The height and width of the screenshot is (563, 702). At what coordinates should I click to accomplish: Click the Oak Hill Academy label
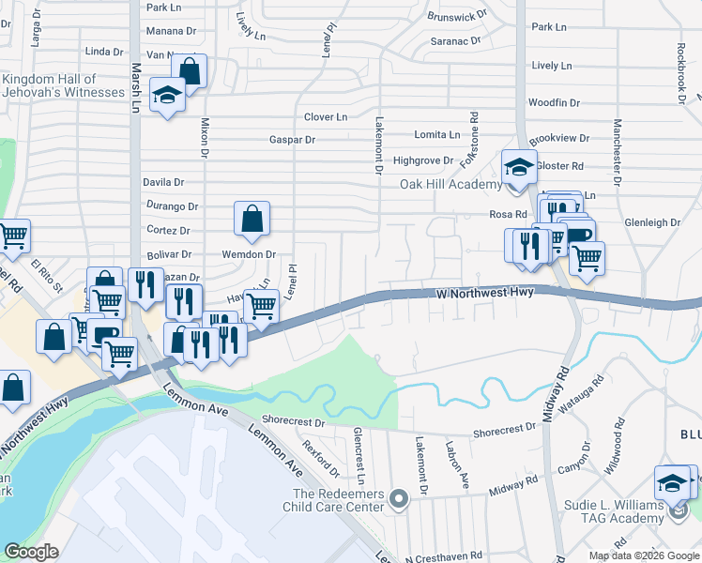tap(451, 184)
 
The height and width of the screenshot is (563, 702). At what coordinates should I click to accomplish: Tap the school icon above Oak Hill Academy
tap(517, 167)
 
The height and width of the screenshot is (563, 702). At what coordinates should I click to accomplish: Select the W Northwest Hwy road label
tap(485, 294)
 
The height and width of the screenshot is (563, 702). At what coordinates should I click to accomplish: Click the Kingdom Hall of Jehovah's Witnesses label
tap(63, 86)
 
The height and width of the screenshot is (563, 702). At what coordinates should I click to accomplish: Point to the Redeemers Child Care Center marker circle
tap(399, 498)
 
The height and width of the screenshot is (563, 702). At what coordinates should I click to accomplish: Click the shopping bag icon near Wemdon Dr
tap(252, 219)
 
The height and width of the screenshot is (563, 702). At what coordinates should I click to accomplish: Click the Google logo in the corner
tap(31, 551)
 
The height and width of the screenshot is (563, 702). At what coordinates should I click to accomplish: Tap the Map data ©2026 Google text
tap(643, 555)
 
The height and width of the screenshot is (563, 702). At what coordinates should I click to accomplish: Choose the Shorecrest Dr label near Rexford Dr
tap(294, 422)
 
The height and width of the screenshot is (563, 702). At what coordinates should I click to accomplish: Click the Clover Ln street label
tap(326, 117)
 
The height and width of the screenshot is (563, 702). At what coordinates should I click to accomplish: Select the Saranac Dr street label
tap(455, 41)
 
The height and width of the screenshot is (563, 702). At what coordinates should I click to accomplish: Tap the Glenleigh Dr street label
tap(651, 222)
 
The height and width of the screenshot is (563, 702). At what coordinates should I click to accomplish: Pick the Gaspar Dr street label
tap(292, 140)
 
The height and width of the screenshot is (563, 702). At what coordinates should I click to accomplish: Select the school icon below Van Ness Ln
tap(168, 98)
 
